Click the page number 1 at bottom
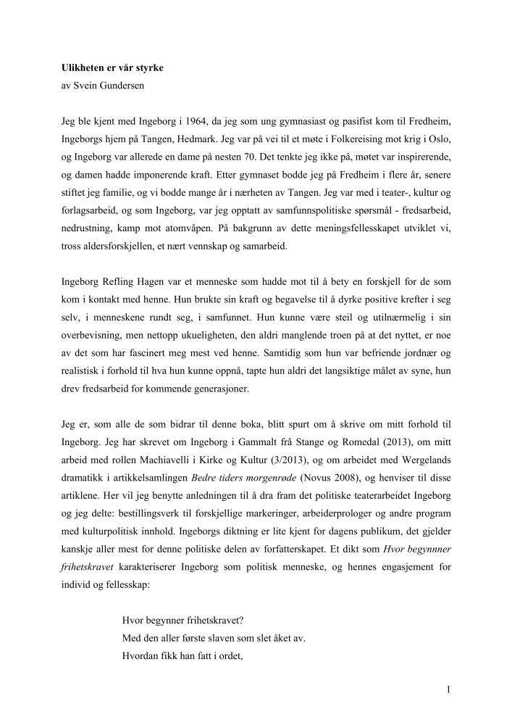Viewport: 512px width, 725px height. [450, 691]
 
